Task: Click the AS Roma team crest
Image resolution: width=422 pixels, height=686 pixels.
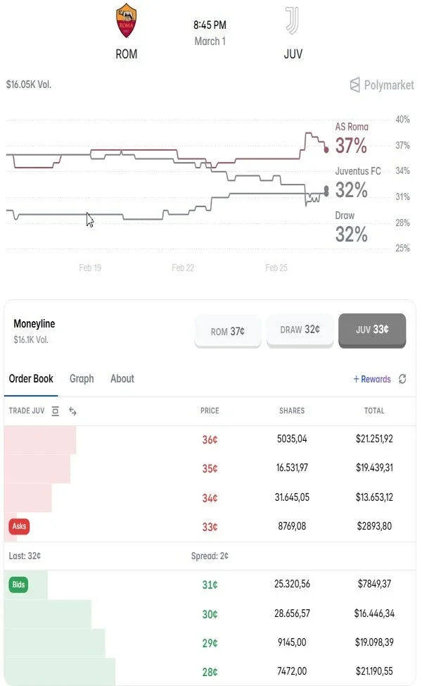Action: [x=126, y=21]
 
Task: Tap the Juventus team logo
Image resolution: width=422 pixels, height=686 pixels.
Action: [x=293, y=21]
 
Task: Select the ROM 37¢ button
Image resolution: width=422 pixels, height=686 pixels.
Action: [x=228, y=331]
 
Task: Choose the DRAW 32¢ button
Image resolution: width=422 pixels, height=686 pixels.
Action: [x=300, y=330]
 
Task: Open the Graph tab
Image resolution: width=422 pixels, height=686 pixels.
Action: [x=82, y=379]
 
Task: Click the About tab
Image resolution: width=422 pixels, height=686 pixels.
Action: [x=122, y=379]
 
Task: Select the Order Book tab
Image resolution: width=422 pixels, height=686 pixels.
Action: [x=31, y=379]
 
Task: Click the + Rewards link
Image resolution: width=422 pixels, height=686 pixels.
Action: [x=372, y=379]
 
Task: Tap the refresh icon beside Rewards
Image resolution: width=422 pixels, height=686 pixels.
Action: [x=402, y=379]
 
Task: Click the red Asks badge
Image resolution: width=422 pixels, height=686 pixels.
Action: [x=19, y=526]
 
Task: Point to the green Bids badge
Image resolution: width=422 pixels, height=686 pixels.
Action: [x=18, y=585]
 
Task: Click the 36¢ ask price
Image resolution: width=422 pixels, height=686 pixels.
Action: [x=210, y=439]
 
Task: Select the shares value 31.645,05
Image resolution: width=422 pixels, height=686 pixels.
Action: [x=293, y=497]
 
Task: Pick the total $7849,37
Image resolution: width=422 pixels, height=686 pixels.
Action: [x=374, y=585]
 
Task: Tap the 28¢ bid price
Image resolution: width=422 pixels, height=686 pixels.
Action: [x=210, y=672]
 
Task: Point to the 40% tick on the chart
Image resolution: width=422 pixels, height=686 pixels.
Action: [x=402, y=120]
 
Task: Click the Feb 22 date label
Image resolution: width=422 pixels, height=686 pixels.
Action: [x=183, y=268]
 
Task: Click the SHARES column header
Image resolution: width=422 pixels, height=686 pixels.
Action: [x=292, y=411]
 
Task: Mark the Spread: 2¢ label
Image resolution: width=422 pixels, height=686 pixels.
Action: [x=210, y=556]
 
